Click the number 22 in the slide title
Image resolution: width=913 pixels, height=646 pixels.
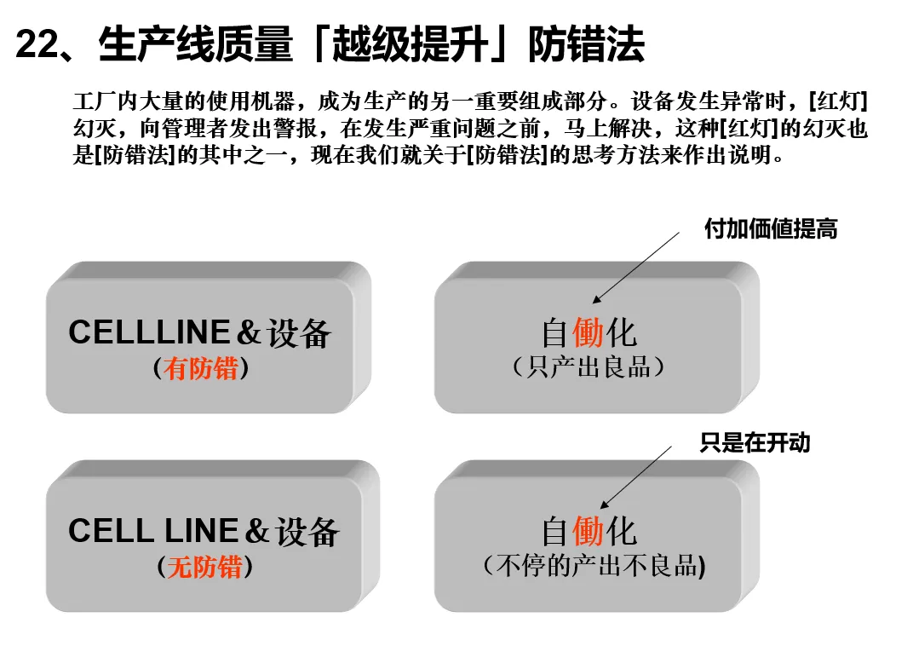point(36,45)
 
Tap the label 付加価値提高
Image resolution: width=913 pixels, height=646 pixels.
point(770,228)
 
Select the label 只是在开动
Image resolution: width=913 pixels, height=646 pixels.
point(755,442)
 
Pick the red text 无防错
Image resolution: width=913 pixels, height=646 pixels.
point(204,567)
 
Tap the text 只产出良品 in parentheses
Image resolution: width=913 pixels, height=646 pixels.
point(588,366)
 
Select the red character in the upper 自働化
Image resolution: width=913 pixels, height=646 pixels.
point(588,332)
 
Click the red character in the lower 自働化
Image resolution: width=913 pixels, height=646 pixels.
point(588,532)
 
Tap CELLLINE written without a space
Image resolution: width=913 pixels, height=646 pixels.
point(149,332)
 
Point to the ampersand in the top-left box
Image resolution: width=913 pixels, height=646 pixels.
point(248,333)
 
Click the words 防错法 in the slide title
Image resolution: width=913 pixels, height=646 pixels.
point(586,45)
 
